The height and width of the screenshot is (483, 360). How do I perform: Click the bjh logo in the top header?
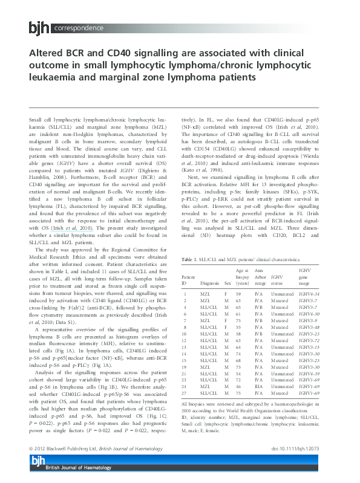pos(40,27)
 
